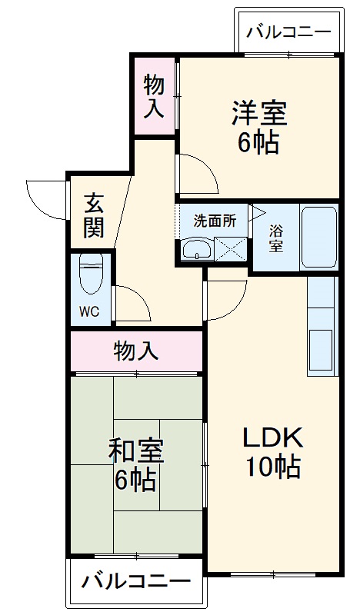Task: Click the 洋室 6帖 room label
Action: click(x=259, y=127)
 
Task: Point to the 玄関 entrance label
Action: click(x=94, y=216)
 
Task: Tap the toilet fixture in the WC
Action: click(x=91, y=274)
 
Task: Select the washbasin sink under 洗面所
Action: click(x=198, y=249)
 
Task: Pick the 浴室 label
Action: click(x=275, y=238)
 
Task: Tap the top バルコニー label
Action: click(x=288, y=33)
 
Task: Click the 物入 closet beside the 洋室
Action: click(x=154, y=95)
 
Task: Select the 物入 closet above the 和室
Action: click(x=136, y=351)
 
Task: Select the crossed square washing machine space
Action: click(x=230, y=250)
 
